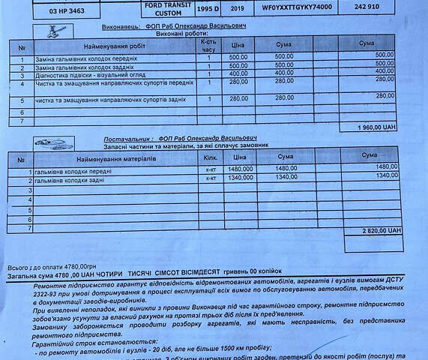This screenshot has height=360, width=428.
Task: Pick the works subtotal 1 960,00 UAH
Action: click(378, 127)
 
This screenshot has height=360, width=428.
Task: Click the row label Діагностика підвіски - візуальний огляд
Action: click(82, 75)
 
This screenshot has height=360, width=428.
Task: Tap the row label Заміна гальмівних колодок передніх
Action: click(82, 58)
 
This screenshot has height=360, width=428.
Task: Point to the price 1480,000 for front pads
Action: click(240, 168)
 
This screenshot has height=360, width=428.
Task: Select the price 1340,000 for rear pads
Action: click(240, 178)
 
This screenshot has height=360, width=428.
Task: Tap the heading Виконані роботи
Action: click(177, 34)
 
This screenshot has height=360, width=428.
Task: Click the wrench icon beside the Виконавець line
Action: click(55, 29)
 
